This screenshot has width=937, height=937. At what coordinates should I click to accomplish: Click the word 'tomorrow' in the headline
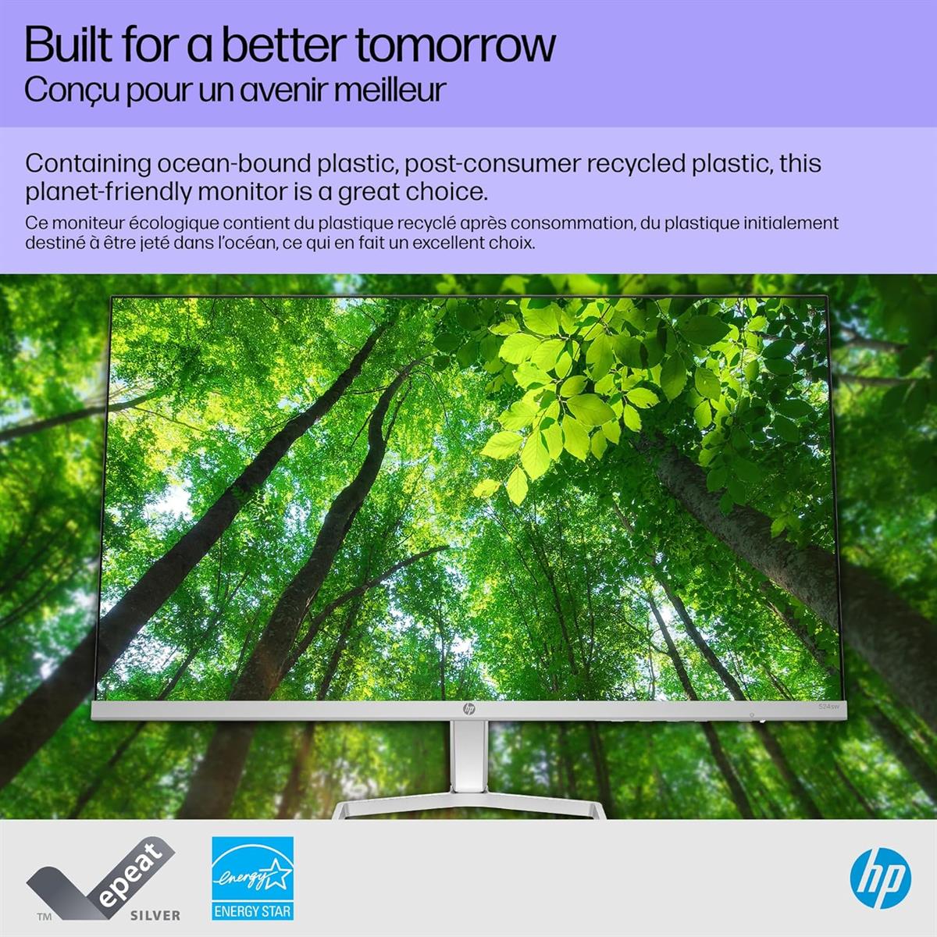[x=455, y=45]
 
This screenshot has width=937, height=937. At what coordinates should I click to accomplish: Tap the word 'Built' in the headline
[x=67, y=45]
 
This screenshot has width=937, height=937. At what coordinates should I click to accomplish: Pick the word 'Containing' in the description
[x=87, y=164]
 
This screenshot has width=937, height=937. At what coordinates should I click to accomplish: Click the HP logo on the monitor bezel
[x=468, y=709]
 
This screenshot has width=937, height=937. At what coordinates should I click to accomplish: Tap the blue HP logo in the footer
[x=880, y=878]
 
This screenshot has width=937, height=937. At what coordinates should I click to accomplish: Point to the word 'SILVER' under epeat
[x=155, y=915]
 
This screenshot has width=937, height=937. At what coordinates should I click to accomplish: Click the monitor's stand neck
[x=468, y=761]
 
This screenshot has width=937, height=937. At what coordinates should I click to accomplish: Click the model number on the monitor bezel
[x=828, y=707]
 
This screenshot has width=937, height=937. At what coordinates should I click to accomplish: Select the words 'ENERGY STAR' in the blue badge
[x=252, y=911]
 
